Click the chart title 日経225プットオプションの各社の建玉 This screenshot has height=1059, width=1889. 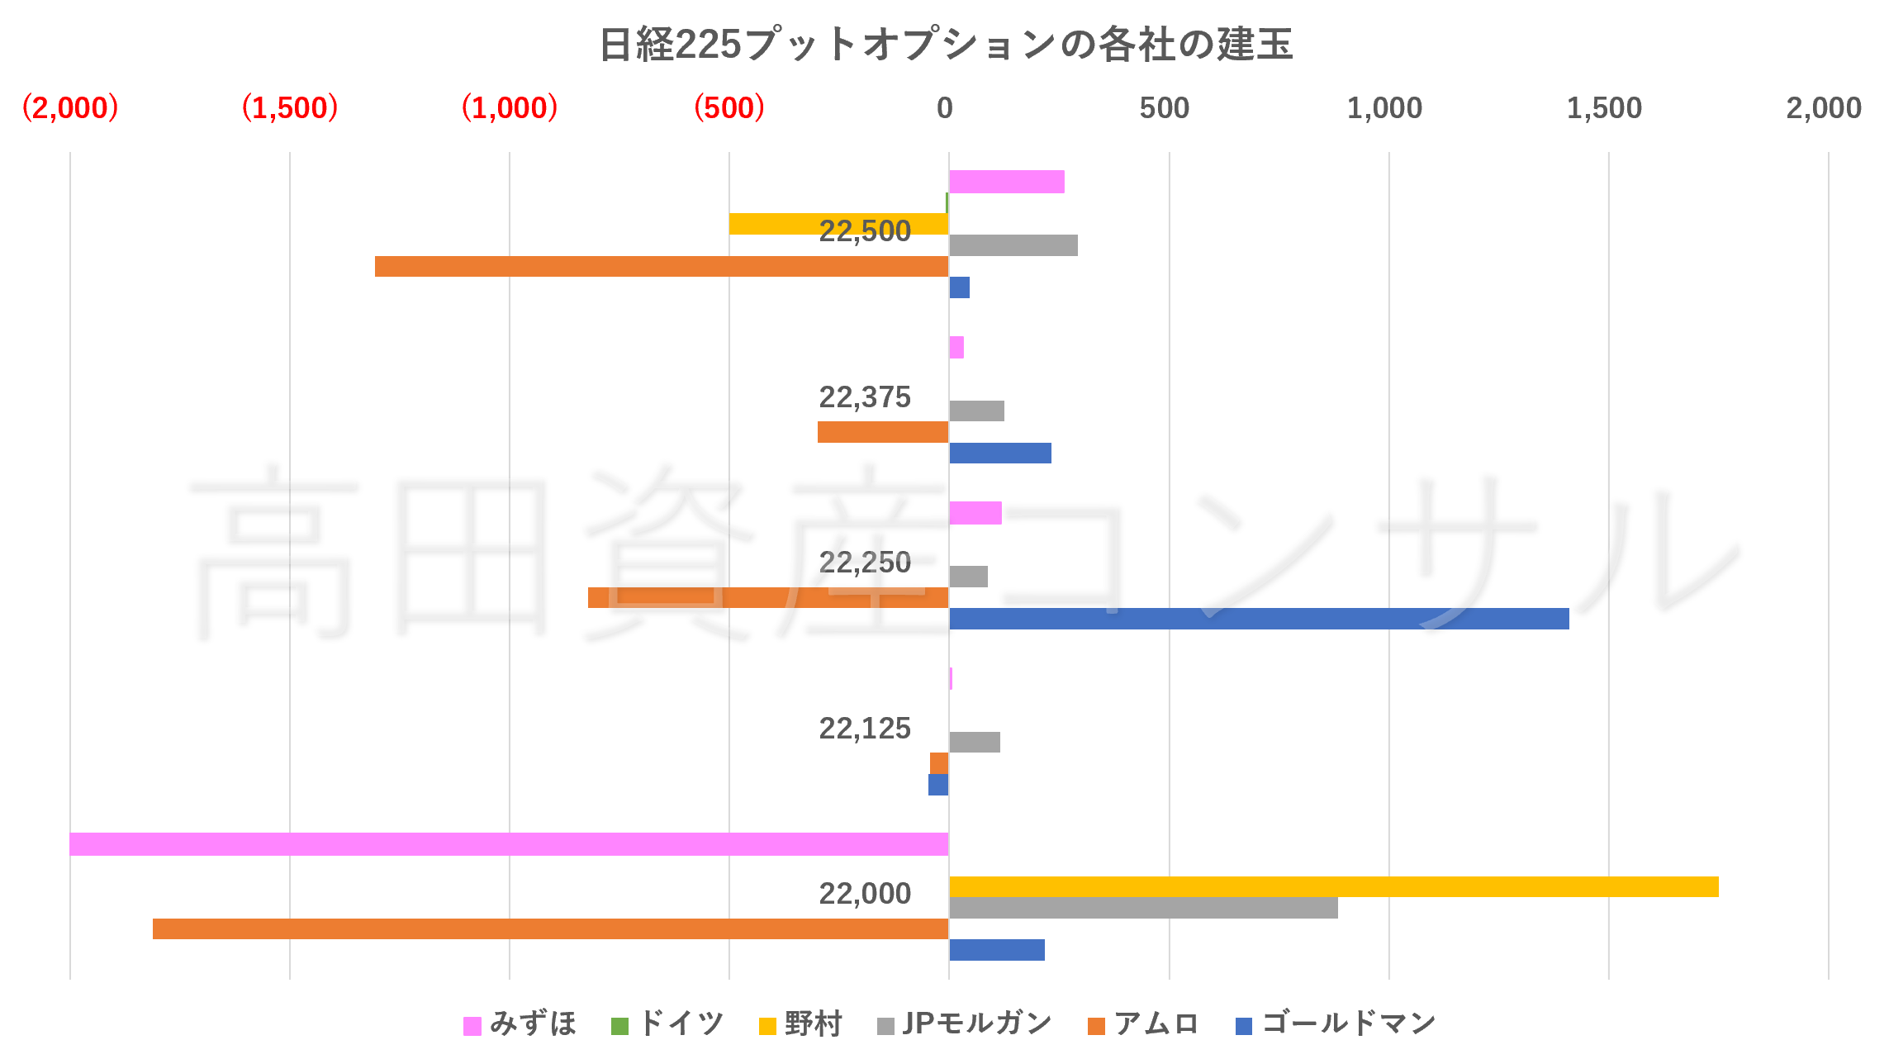click(945, 45)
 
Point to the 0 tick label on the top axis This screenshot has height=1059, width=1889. click(945, 108)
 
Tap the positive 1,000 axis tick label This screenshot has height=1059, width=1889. click(1384, 108)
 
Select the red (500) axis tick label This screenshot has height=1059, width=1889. click(729, 108)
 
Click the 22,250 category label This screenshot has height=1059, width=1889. click(864, 563)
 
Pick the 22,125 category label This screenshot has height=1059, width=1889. click(864, 729)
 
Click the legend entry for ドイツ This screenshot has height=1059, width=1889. click(667, 1024)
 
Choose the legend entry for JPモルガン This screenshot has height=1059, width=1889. click(965, 1024)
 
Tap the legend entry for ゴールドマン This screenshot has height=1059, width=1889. click(1336, 1024)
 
